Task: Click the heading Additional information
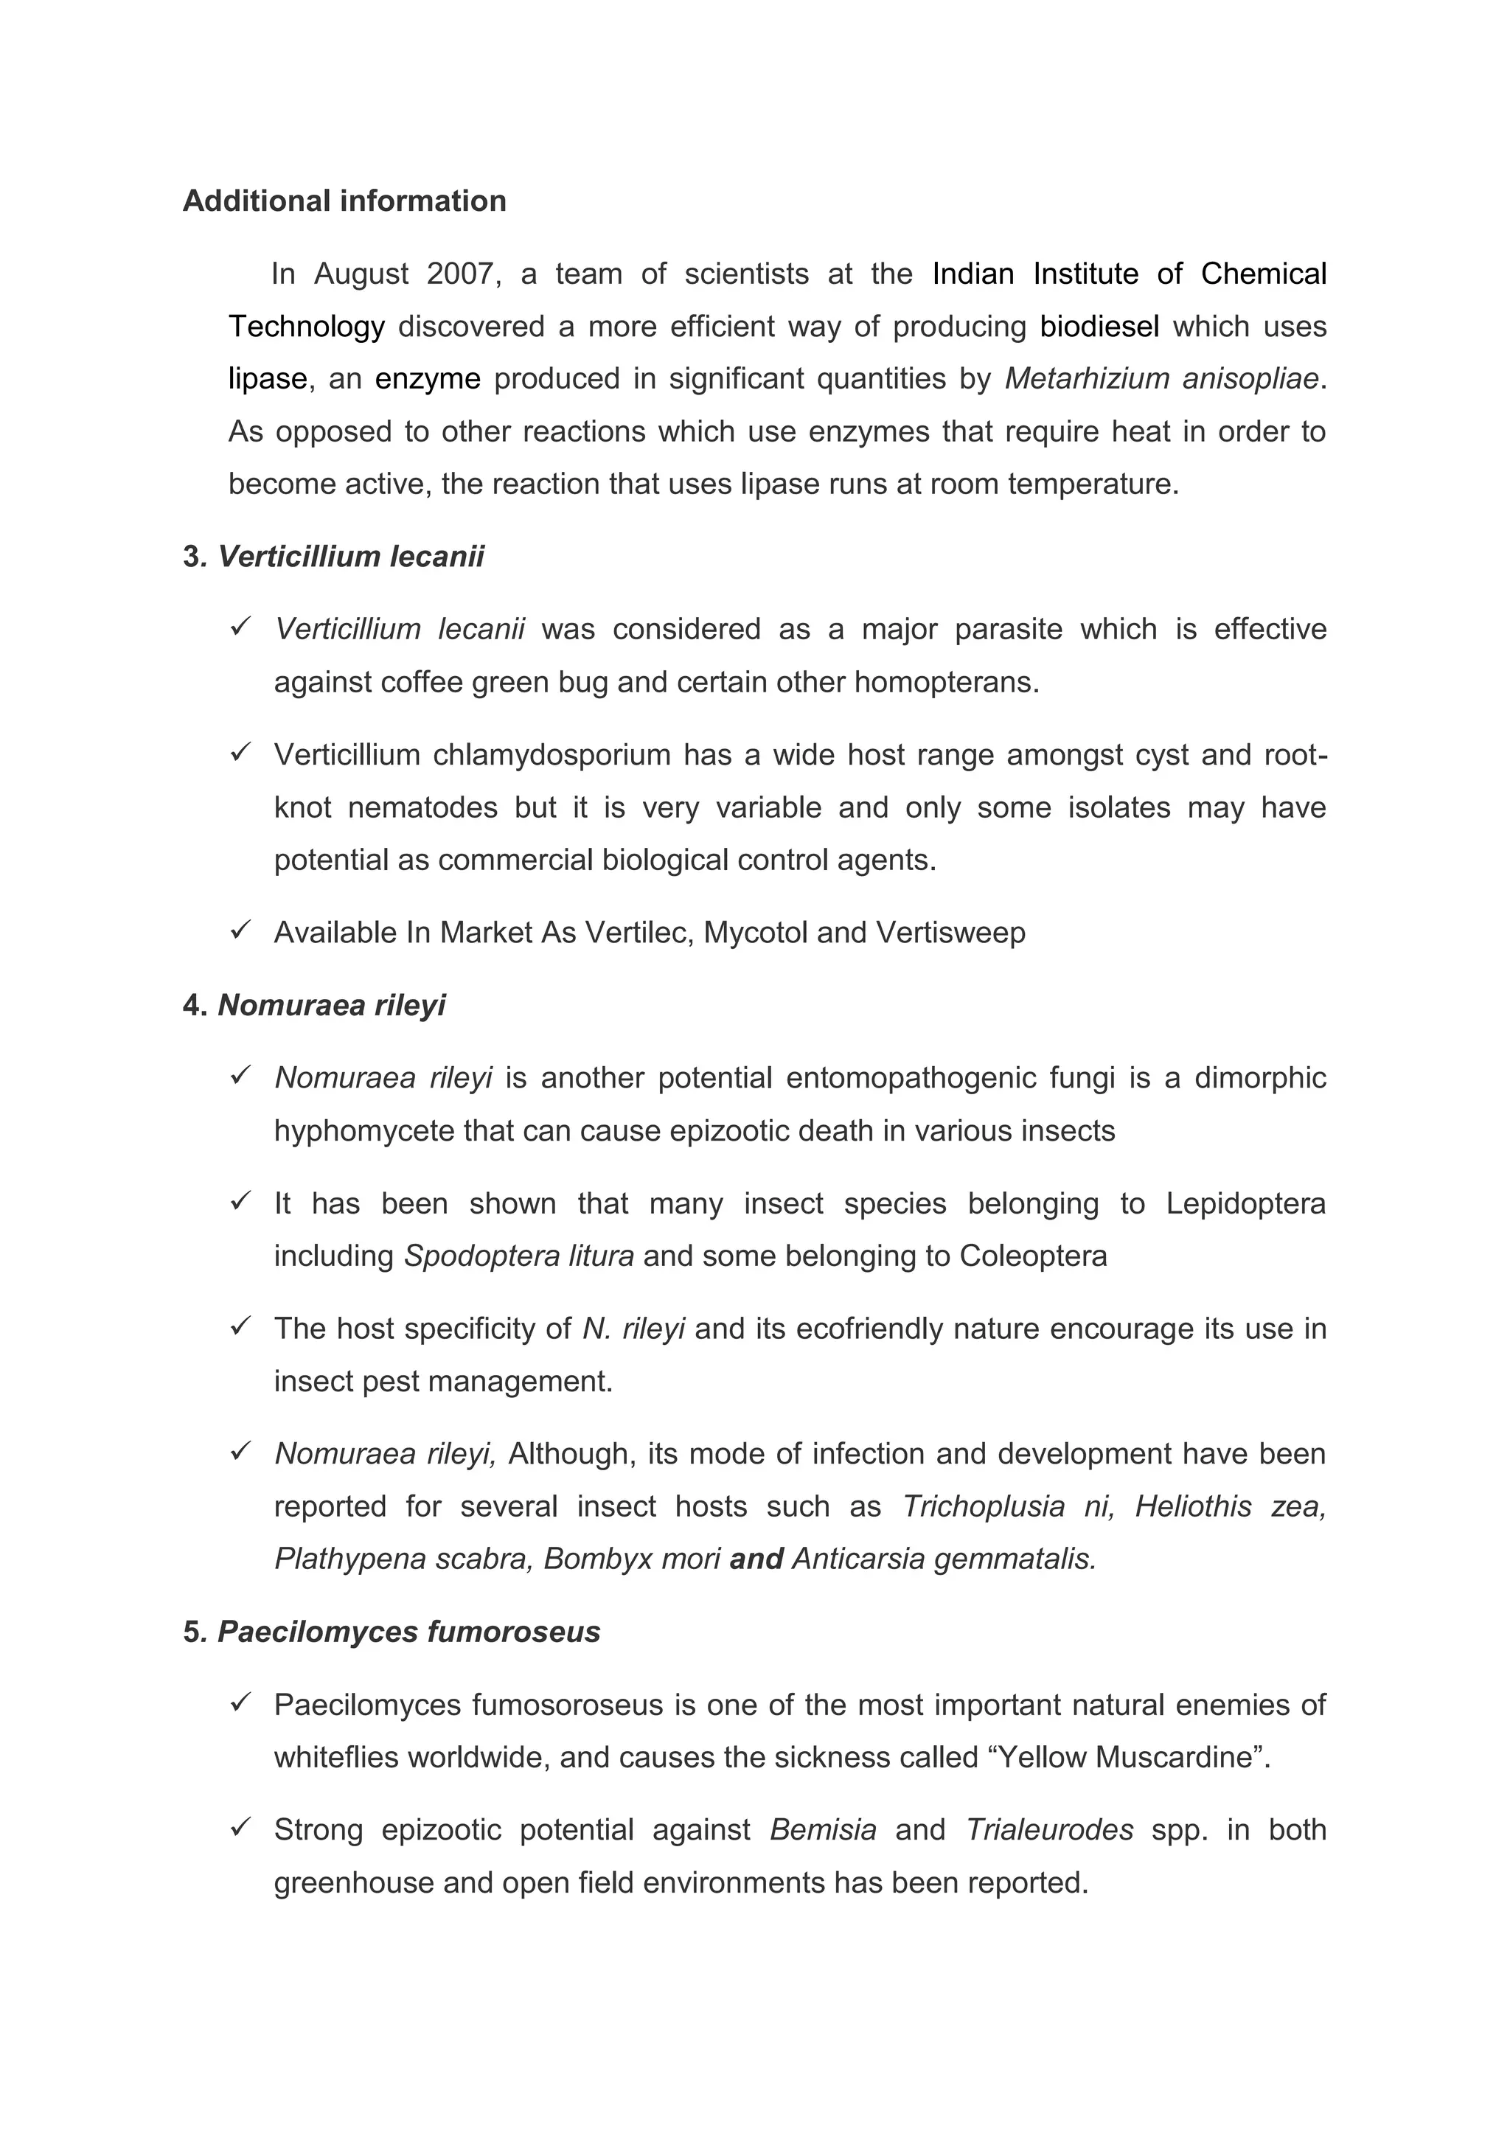coord(344,201)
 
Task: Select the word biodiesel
coord(1100,327)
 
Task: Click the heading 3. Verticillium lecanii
coord(333,557)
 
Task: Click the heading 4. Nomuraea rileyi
coord(315,1006)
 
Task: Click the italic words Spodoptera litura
coord(519,1257)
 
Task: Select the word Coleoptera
coord(1033,1257)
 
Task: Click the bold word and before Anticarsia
coord(756,1559)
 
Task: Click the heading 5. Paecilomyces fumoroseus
coord(392,1632)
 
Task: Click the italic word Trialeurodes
coord(1049,1830)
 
